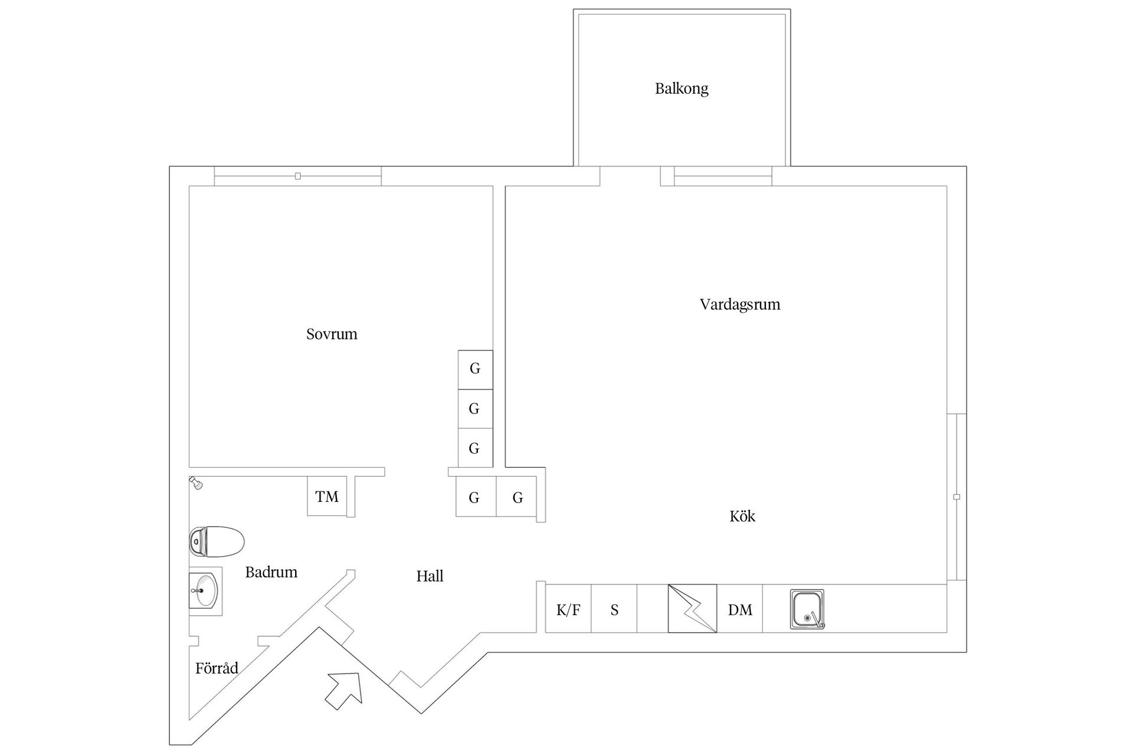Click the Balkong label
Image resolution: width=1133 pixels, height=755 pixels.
coord(682,88)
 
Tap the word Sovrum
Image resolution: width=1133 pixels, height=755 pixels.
coord(332,334)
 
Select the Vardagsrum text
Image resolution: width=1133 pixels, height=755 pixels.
coord(740,304)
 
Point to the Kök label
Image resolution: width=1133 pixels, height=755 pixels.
coord(742,516)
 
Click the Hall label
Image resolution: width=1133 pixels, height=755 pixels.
coord(430,576)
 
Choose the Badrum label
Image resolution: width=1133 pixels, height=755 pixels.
coord(271,572)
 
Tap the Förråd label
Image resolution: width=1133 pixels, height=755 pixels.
coord(217,668)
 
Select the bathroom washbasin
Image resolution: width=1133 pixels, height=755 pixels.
coord(204,590)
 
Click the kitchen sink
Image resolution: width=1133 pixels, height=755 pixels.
coord(807,609)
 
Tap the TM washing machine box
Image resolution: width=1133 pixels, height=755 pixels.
coord(327,497)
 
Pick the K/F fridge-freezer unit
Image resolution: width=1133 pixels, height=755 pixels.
coord(568,609)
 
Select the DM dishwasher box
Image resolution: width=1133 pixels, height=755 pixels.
coord(740,609)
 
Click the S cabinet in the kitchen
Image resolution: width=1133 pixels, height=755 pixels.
coord(614,609)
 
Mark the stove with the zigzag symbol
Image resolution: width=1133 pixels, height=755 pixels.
coord(692,609)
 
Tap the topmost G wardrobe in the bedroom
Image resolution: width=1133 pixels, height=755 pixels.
coord(475,369)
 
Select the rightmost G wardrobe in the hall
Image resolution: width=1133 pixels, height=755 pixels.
coord(518,497)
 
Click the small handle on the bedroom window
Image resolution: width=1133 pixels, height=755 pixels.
coord(298,176)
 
